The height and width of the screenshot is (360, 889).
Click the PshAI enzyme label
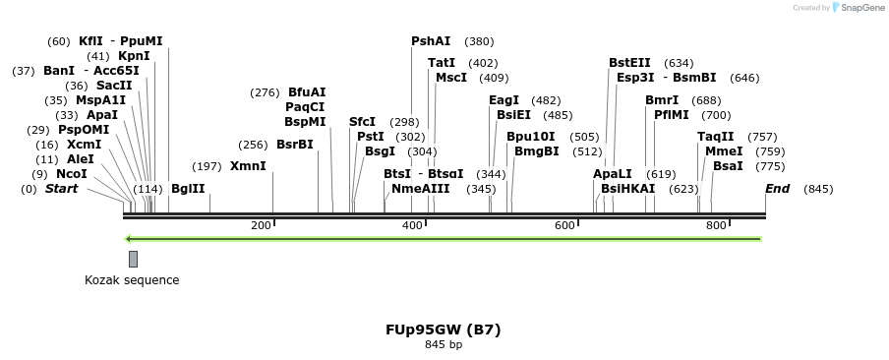pyautogui.click(x=431, y=41)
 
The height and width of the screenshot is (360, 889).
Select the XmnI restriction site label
pyautogui.click(x=248, y=166)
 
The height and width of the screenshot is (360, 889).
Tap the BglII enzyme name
pyautogui.click(x=188, y=188)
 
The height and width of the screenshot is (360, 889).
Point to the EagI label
pyautogui.click(x=504, y=100)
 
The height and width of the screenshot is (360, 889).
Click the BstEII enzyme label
pyautogui.click(x=629, y=63)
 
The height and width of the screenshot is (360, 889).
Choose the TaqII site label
pyautogui.click(x=715, y=137)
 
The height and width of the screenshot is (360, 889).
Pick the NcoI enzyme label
pyautogui.click(x=71, y=174)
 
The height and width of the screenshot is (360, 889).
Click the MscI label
pyautogui.click(x=451, y=78)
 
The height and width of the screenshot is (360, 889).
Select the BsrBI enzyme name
pyautogui.click(x=294, y=145)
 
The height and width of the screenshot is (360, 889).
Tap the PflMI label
pyautogui.click(x=673, y=115)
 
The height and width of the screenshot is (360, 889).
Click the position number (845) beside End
pyautogui.click(x=818, y=189)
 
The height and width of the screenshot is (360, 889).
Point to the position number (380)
pyautogui.click(x=479, y=42)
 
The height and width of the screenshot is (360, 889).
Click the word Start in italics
pyautogui.click(x=61, y=188)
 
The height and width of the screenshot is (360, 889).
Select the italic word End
pyautogui.click(x=777, y=188)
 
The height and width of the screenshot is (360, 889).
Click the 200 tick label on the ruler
pyautogui.click(x=261, y=226)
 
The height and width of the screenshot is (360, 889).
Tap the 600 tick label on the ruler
pyautogui.click(x=563, y=226)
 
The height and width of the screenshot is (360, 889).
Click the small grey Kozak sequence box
pyautogui.click(x=133, y=259)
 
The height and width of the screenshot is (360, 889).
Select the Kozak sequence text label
pyautogui.click(x=132, y=280)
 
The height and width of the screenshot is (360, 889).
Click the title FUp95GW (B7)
pyautogui.click(x=443, y=330)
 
